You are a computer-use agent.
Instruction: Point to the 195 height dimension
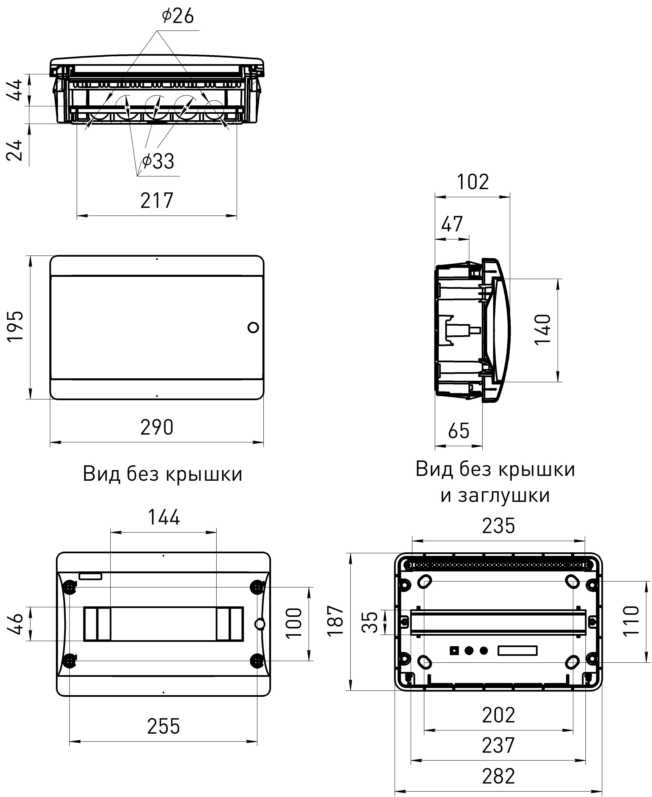click(x=16, y=326)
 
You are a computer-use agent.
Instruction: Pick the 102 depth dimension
click(x=473, y=182)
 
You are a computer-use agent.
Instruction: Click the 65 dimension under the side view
click(x=459, y=431)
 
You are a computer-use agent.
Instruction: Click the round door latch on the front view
click(x=253, y=327)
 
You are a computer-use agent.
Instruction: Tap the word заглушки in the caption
click(x=495, y=495)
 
